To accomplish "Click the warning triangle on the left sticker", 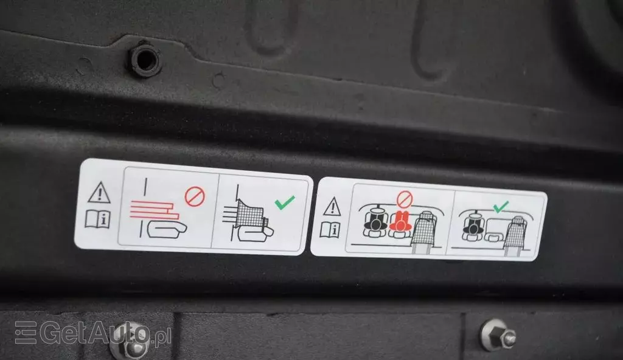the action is coord(99,193).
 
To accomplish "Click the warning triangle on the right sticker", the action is coord(332,207).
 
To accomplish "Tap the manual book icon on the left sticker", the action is coord(98,219).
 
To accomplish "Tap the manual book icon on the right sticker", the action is coord(330,230).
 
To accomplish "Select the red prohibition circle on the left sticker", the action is coord(195,196).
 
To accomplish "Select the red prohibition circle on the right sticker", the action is coord(405,199).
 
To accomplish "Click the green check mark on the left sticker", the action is coord(285,202).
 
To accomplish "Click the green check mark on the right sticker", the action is coord(501,207).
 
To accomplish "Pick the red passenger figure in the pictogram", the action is coord(400,222).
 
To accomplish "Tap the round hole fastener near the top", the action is coord(145,60).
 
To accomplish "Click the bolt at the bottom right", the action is coord(498,335).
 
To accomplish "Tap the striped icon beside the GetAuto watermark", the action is coord(26,332).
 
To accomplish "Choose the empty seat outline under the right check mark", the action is coord(494,231).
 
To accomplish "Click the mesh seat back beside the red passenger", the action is coord(424,227).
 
